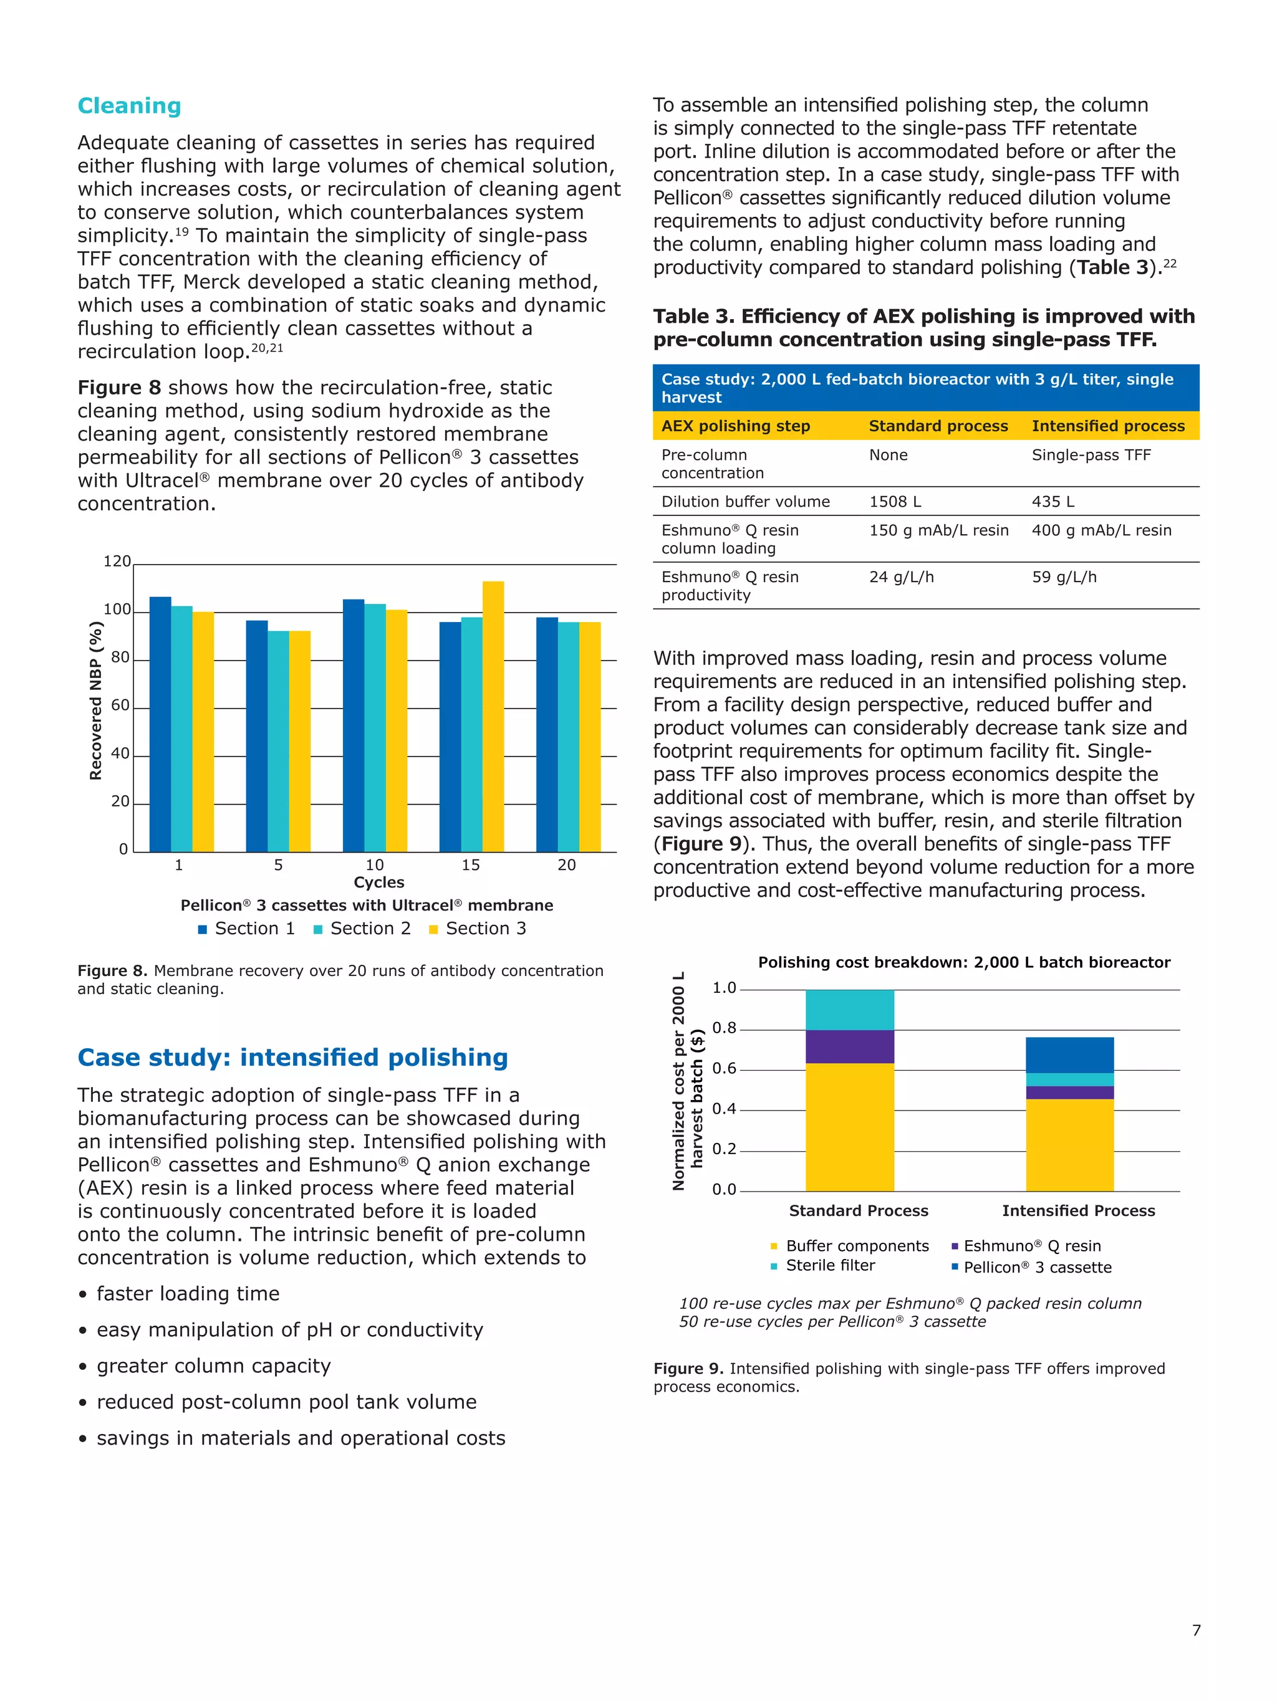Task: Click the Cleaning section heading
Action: pyautogui.click(x=129, y=106)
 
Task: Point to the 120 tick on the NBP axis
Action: pyautogui.click(x=117, y=562)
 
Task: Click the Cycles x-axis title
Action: pyautogui.click(x=378, y=882)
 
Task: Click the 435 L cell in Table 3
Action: pyautogui.click(x=1053, y=502)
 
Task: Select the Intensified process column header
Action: pyautogui.click(x=1107, y=426)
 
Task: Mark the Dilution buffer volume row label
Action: pyautogui.click(x=745, y=502)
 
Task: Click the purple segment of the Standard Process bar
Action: pyautogui.click(x=849, y=1046)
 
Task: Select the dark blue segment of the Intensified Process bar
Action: pyautogui.click(x=1069, y=1055)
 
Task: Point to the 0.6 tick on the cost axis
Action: pyautogui.click(x=723, y=1069)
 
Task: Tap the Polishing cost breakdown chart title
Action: pyautogui.click(x=964, y=963)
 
